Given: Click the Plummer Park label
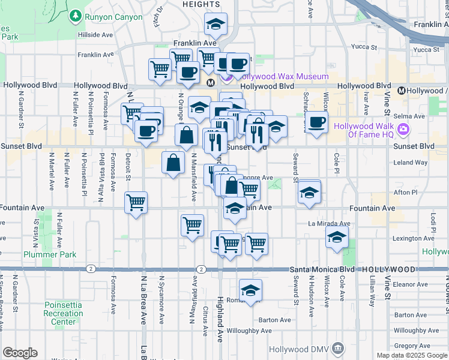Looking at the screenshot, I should pos(50,254).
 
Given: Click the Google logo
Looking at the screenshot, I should pos(20,353).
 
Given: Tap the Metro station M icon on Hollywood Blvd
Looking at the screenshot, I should pos(211,82).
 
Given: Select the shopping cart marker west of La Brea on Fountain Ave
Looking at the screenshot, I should pos(136,202).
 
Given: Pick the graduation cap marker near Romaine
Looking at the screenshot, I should pos(251,289).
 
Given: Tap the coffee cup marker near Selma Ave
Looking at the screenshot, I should pos(317,122).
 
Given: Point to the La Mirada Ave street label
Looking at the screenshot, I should pos(329,223).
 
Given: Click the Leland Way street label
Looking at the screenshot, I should pos(411,163).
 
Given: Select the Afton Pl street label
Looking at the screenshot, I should pos(405,193).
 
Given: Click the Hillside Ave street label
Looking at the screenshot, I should pos(95,35).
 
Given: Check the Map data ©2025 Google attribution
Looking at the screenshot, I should pos(411,355).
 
